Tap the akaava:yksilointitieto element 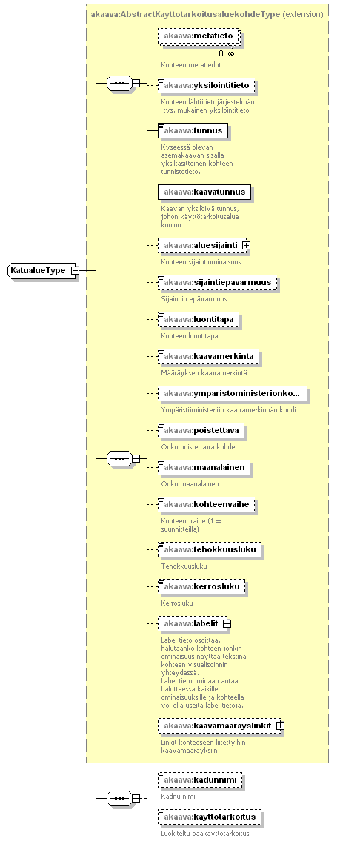(x=206, y=84)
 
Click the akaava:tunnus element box (x=193, y=130)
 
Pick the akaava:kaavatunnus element (x=204, y=192)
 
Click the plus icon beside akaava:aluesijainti (x=247, y=245)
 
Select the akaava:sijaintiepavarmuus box (x=217, y=282)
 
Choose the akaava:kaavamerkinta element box (x=209, y=356)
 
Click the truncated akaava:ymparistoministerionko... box (x=233, y=393)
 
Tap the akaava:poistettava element (x=201, y=430)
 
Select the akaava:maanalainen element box (x=204, y=467)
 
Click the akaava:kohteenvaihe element (x=206, y=504)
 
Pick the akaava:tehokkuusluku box (x=210, y=549)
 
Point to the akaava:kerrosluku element (x=201, y=586)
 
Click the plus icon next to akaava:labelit (x=227, y=623)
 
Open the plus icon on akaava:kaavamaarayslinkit (x=280, y=726)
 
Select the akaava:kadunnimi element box (x=200, y=779)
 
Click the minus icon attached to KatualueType (x=75, y=271)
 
